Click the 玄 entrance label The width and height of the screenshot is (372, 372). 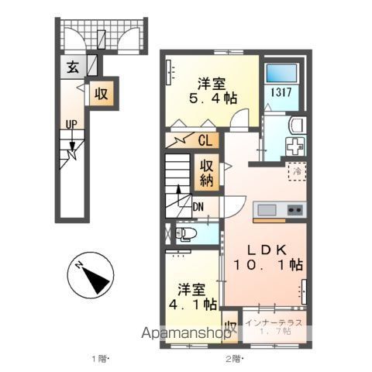click(x=71, y=67)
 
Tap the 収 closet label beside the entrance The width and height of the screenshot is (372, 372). click(x=101, y=94)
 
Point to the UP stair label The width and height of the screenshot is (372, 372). click(x=71, y=125)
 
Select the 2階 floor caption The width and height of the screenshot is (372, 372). click(x=235, y=359)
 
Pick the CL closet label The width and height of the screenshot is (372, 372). click(x=205, y=141)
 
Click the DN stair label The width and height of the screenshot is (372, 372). click(x=199, y=207)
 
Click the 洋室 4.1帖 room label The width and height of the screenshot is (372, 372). click(x=193, y=298)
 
